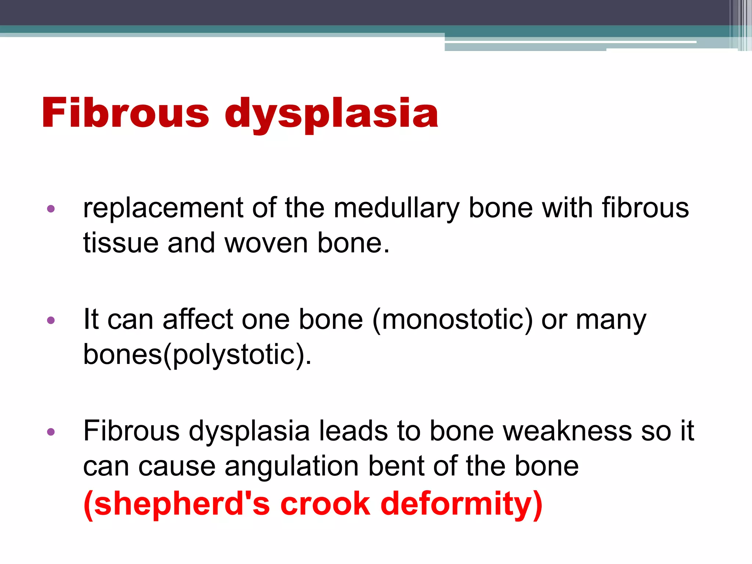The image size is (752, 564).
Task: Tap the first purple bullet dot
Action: pyautogui.click(x=51, y=209)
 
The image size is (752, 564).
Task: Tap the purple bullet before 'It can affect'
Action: pyautogui.click(x=51, y=320)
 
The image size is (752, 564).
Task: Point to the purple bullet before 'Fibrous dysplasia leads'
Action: pyautogui.click(x=51, y=431)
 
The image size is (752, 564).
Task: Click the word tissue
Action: pyautogui.click(x=121, y=243)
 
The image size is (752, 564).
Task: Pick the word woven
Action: pyautogui.click(x=266, y=243)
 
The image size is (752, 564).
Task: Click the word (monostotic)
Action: pyautogui.click(x=452, y=319)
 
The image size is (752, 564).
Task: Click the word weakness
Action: pyautogui.click(x=567, y=431)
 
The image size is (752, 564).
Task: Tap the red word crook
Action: pyautogui.click(x=325, y=504)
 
